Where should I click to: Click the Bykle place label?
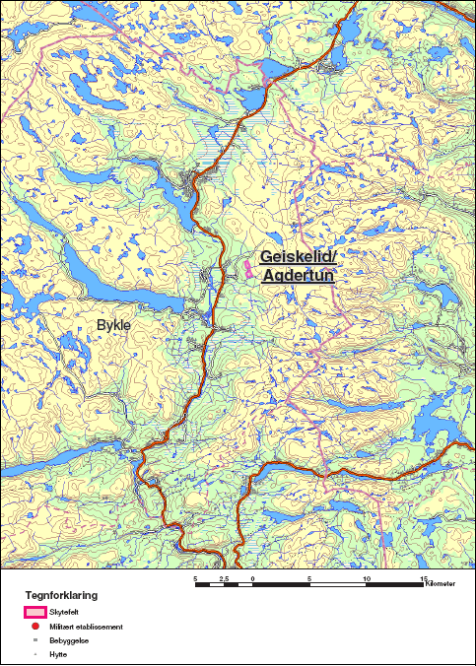click(x=113, y=323)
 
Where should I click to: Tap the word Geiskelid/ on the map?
click(x=299, y=257)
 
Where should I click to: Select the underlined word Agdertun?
click(x=300, y=276)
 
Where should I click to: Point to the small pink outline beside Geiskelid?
click(x=245, y=264)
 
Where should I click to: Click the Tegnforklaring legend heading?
click(x=61, y=596)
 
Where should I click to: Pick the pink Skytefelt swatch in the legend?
click(x=34, y=612)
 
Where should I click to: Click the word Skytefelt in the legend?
click(x=62, y=612)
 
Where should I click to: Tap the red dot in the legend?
click(x=34, y=626)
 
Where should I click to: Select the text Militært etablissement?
click(x=86, y=626)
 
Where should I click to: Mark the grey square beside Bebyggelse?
click(x=34, y=639)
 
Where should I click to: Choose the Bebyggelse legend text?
click(x=66, y=639)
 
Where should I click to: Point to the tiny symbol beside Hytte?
click(x=34, y=653)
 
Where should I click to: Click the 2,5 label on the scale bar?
click(x=224, y=578)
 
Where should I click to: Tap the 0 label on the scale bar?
click(x=253, y=578)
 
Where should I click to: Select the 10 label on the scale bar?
click(x=367, y=578)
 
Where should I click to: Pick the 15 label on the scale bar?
click(x=424, y=578)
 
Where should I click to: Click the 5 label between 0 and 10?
click(x=310, y=578)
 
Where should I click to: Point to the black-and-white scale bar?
click(x=310, y=586)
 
